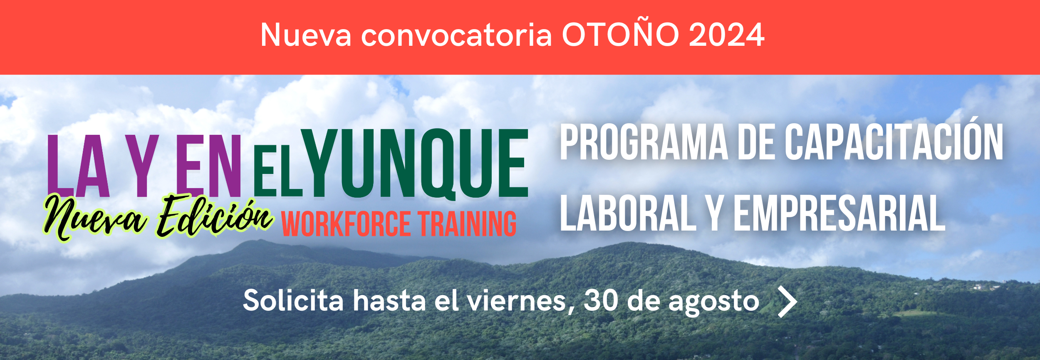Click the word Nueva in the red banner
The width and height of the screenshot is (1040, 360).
[x=306, y=35]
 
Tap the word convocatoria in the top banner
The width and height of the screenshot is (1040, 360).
[x=456, y=35]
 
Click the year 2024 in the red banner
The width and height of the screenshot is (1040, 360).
[x=726, y=35]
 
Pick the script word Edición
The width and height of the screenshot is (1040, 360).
[x=215, y=216]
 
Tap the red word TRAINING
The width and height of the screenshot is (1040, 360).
[x=467, y=224]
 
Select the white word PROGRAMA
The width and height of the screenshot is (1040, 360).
[x=644, y=142]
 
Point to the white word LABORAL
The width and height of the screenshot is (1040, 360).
[x=628, y=213]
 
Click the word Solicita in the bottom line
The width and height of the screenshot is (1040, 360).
[x=293, y=300]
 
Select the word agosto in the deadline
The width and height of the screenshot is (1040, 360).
[x=714, y=302]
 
